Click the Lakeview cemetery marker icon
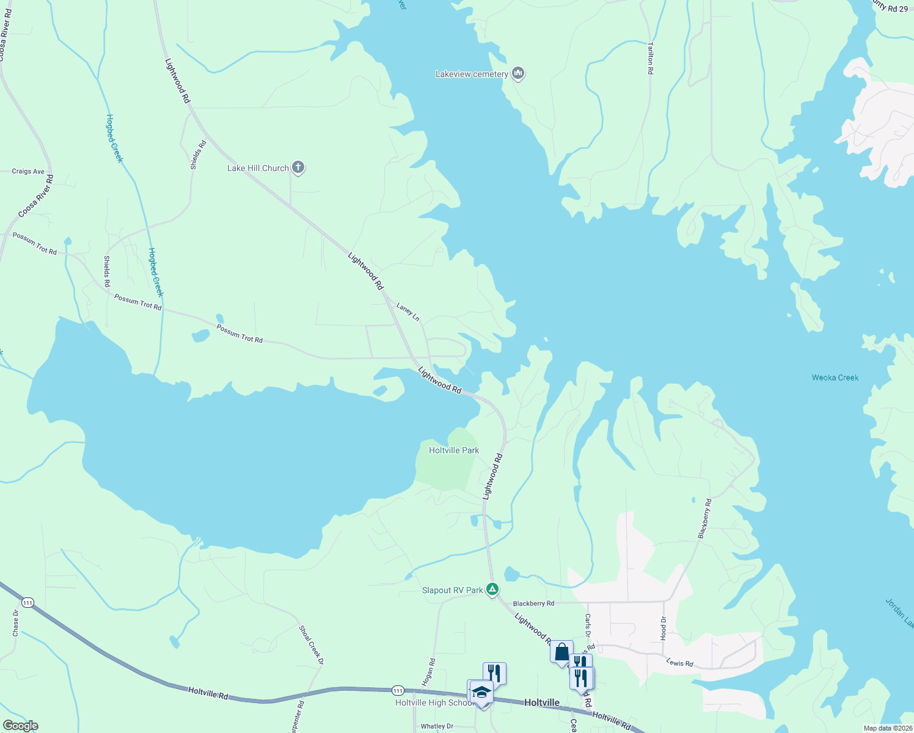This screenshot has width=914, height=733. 518,74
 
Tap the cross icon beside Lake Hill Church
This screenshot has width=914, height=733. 298,167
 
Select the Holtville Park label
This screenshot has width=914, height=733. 454,450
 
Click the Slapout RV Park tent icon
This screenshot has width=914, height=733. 493,589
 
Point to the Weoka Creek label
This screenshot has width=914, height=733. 835,377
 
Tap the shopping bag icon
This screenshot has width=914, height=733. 561,652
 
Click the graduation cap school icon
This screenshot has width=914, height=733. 481,692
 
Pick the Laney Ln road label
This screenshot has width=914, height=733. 408,312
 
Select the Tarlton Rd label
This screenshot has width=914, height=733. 651,58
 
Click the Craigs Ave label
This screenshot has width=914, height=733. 28,172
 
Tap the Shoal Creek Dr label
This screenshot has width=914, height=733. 311,645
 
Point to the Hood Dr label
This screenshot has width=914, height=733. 664,628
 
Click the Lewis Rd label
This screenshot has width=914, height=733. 679,663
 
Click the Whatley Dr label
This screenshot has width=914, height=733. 437,726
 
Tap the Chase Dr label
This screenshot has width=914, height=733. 16,623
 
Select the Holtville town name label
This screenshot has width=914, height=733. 542,702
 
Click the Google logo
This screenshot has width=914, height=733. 21,726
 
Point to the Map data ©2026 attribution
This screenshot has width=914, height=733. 888,728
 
